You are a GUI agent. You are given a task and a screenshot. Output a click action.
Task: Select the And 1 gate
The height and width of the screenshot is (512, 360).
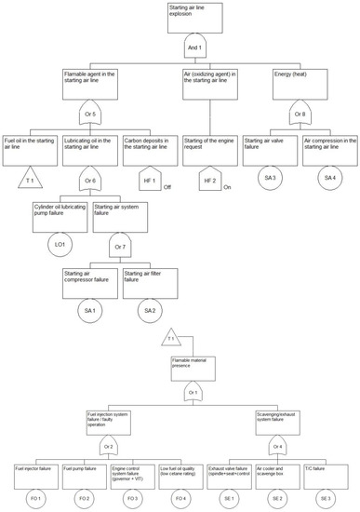194,46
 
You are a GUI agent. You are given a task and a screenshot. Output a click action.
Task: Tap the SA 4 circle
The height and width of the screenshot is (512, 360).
328,177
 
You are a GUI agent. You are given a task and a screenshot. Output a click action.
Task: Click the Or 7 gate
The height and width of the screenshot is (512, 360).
117,248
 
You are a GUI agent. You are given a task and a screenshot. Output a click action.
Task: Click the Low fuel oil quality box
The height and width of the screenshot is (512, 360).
180,471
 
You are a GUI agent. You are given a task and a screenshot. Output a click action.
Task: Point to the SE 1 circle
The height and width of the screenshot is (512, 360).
228,500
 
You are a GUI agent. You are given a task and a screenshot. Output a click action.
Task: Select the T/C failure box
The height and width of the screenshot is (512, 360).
327,471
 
